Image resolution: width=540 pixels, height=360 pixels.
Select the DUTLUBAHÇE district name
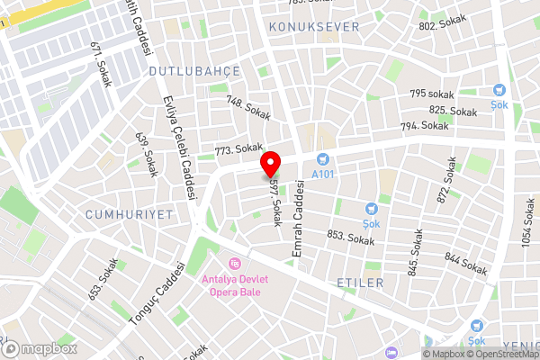coord(182,70)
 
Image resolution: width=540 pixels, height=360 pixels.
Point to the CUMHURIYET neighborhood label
coord(128,214)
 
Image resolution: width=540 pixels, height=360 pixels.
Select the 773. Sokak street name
coord(238,148)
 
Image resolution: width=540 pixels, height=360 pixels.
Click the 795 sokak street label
coord(432,94)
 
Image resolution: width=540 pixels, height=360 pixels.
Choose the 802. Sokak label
coord(440,26)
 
